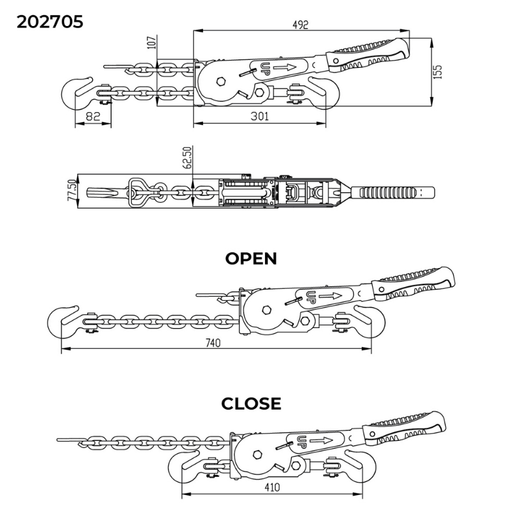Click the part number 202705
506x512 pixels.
(x=50, y=22)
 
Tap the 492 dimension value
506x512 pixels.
(x=300, y=25)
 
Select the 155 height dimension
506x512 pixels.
(x=438, y=72)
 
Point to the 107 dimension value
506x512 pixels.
(x=152, y=43)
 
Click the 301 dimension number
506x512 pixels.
(x=259, y=115)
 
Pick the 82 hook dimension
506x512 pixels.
(x=93, y=117)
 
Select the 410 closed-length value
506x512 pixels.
(x=274, y=486)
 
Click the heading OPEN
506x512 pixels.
(x=251, y=259)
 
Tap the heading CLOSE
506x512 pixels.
(x=251, y=404)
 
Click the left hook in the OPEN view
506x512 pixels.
(x=62, y=320)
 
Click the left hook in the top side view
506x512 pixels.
(x=76, y=93)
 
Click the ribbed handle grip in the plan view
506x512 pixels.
(x=388, y=192)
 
